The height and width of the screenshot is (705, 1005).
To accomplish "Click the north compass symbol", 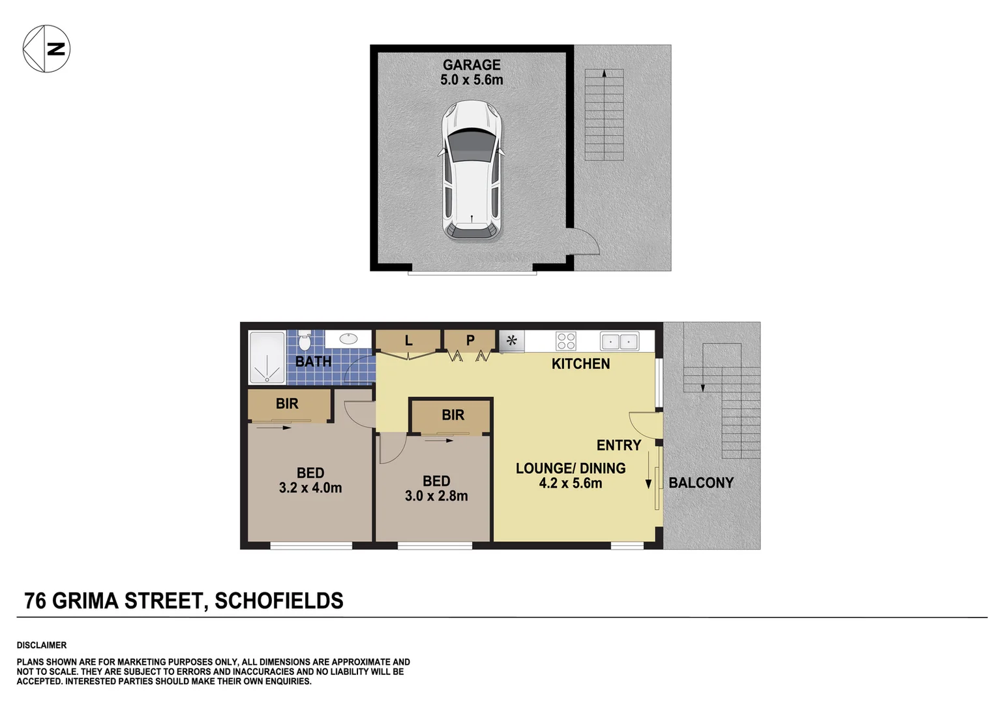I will (x=46, y=49).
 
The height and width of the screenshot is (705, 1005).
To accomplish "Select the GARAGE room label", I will (x=472, y=65).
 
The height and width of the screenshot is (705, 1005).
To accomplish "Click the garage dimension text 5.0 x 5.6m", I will (x=472, y=80).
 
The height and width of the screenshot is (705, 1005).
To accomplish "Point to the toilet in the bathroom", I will (x=305, y=342).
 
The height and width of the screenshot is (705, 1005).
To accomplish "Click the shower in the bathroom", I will (x=267, y=358).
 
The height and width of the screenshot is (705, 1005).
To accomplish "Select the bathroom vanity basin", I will (x=348, y=339).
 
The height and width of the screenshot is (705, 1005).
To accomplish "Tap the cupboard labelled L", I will (x=409, y=341).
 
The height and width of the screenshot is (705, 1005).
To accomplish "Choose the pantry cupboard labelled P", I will (x=470, y=341).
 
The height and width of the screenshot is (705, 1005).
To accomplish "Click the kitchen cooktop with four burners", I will (x=565, y=341).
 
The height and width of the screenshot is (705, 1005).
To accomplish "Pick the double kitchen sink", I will (x=619, y=341).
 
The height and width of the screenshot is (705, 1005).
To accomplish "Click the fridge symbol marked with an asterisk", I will (x=512, y=341).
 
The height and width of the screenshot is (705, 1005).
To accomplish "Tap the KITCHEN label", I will (x=580, y=364).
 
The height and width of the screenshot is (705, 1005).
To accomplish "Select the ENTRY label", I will (x=618, y=445).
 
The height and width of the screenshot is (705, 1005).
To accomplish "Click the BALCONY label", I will (x=701, y=483).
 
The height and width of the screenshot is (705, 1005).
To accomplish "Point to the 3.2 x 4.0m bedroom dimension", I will (x=310, y=488).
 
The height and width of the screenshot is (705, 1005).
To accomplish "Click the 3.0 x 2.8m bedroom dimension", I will (x=436, y=496).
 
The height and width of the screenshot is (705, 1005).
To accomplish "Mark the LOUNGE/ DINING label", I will (x=571, y=469).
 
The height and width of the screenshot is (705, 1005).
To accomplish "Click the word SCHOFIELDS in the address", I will (x=278, y=601).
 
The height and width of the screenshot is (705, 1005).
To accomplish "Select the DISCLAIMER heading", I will (x=42, y=646).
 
